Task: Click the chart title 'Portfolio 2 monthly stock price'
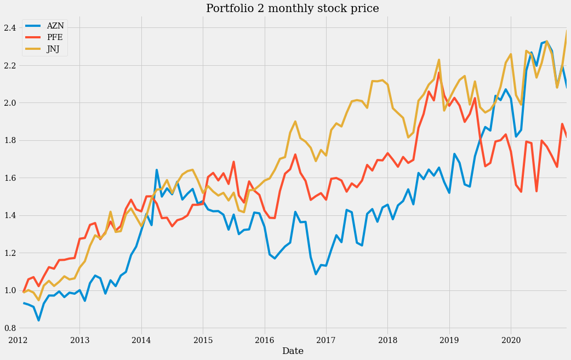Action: pos(292,8)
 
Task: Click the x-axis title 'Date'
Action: pos(293,351)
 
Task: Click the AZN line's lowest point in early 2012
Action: pos(38,320)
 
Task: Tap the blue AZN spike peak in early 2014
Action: pos(157,170)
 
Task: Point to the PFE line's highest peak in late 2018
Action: pos(439,73)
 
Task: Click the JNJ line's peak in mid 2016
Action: pos(295,122)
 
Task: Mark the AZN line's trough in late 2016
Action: pos(316,273)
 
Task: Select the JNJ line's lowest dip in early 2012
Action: pos(38,300)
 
